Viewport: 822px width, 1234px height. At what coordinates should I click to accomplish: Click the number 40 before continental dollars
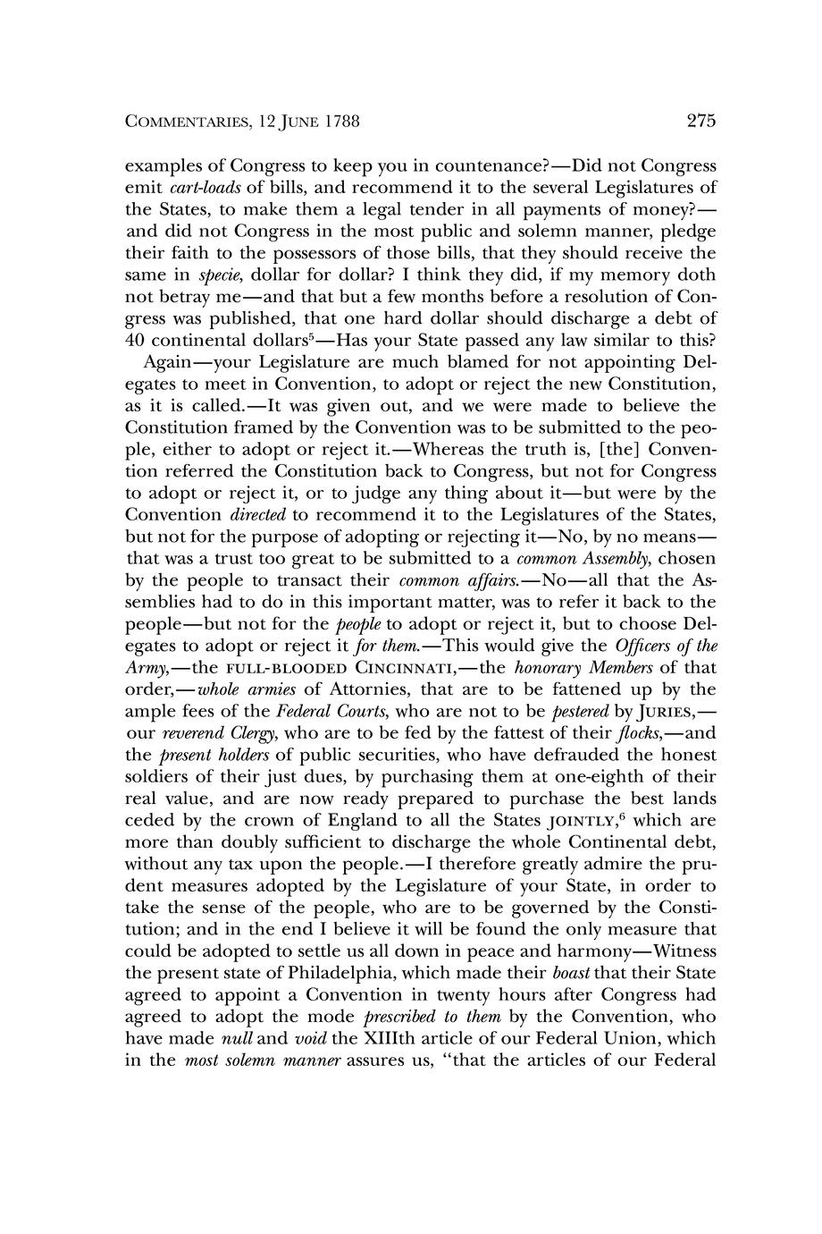click(135, 341)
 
